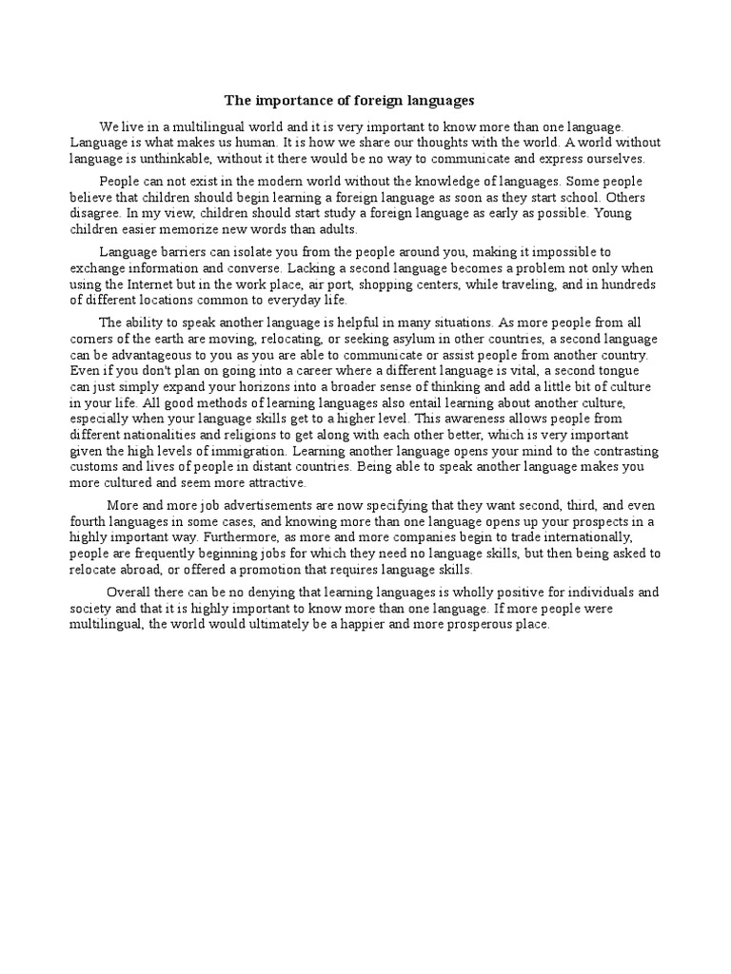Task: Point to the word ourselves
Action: (x=611, y=159)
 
